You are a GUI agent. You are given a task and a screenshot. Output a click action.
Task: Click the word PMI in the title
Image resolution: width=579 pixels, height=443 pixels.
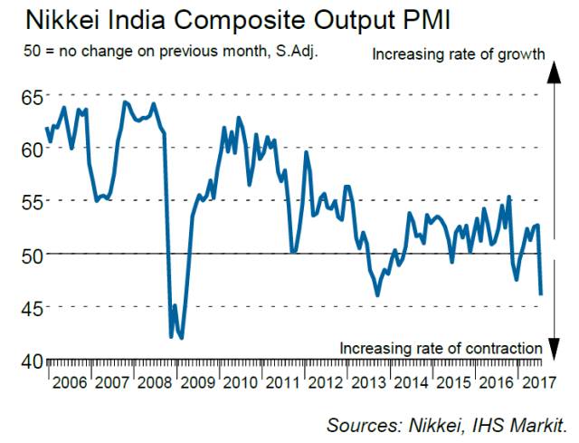pyautogui.click(x=363, y=19)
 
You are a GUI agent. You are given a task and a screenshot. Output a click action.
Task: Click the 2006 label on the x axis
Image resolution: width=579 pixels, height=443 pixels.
pyautogui.click(x=69, y=382)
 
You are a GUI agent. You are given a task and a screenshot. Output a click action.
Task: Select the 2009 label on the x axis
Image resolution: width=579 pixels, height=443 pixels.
pyautogui.click(x=198, y=382)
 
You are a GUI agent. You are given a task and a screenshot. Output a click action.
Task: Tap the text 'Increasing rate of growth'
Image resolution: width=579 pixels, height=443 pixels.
pyautogui.click(x=458, y=54)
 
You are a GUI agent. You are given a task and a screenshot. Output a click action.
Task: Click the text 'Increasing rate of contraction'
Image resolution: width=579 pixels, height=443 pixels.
pyautogui.click(x=441, y=347)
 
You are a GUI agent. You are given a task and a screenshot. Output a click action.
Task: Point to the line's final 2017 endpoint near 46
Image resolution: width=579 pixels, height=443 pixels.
pyautogui.click(x=541, y=294)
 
